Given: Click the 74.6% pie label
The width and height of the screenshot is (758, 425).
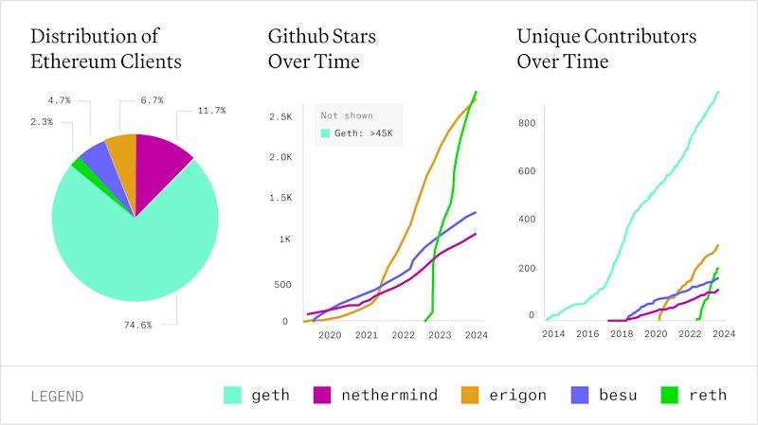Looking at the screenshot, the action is pyautogui.click(x=137, y=325).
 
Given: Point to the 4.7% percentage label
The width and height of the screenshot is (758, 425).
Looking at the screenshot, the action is pyautogui.click(x=59, y=100).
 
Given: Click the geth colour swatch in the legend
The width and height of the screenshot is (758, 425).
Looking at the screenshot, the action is pyautogui.click(x=232, y=395).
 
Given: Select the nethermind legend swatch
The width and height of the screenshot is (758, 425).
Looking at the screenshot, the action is pyautogui.click(x=322, y=395).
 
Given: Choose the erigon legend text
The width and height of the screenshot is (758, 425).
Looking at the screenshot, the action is pyautogui.click(x=517, y=396).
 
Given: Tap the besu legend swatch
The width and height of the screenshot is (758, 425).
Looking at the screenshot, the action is pyautogui.click(x=580, y=395).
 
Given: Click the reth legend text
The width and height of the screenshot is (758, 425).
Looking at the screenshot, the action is pyautogui.click(x=708, y=395).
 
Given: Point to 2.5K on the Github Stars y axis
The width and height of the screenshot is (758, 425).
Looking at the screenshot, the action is pyautogui.click(x=280, y=116).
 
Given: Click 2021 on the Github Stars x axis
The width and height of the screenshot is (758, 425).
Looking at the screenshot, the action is pyautogui.click(x=367, y=335).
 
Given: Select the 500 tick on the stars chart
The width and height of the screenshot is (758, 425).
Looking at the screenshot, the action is pyautogui.click(x=282, y=285).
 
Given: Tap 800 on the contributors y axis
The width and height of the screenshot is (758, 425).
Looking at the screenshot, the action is pyautogui.click(x=527, y=123).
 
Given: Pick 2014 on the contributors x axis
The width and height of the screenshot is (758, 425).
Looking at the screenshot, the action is pyautogui.click(x=553, y=334).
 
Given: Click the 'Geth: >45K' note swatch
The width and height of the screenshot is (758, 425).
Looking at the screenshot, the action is pyautogui.click(x=325, y=133).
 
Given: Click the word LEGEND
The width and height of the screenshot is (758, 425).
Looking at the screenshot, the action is pyautogui.click(x=57, y=397).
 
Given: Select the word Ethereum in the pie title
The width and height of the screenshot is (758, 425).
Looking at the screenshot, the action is pyautogui.click(x=73, y=62).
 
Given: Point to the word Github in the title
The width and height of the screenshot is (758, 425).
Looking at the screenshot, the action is pyautogui.click(x=294, y=36).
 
